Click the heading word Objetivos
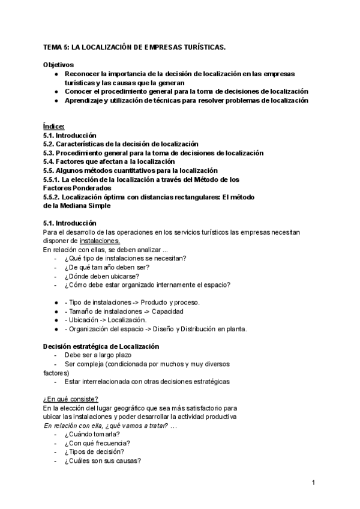pyautogui.click(x=59, y=64)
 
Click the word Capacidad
pyautogui.click(x=167, y=311)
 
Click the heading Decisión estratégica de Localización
pyautogui.click(x=101, y=346)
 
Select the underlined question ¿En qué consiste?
pyautogui.click(x=71, y=399)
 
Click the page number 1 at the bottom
pyautogui.click(x=313, y=482)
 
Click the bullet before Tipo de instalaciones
pyautogui.click(x=56, y=302)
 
